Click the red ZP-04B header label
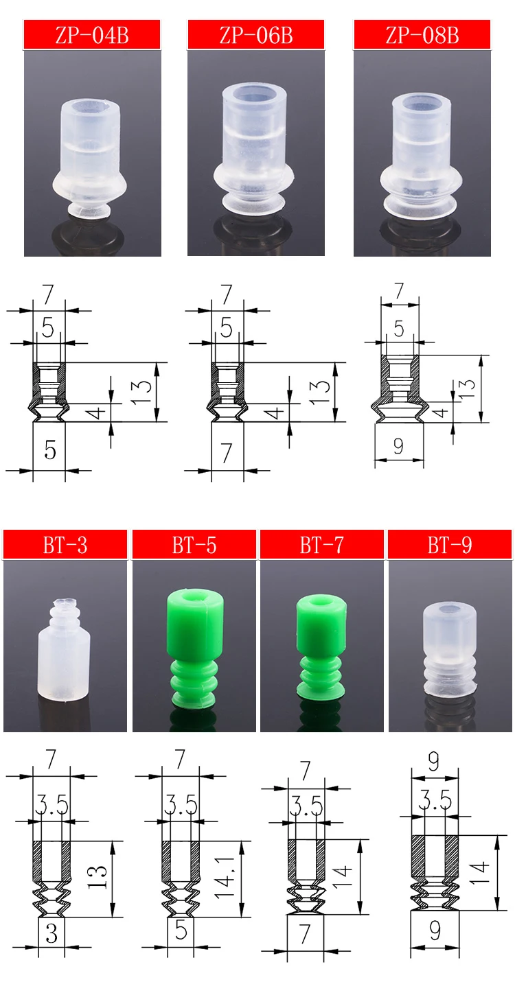pyautogui.click(x=92, y=34)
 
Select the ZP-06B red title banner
pyautogui.click(x=256, y=34)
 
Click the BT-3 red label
pyautogui.click(x=65, y=544)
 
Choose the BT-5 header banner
pyautogui.click(x=194, y=544)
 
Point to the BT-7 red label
pyautogui.click(x=322, y=544)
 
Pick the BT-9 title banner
pyautogui.click(x=450, y=544)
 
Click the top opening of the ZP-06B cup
pyautogui.click(x=255, y=95)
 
